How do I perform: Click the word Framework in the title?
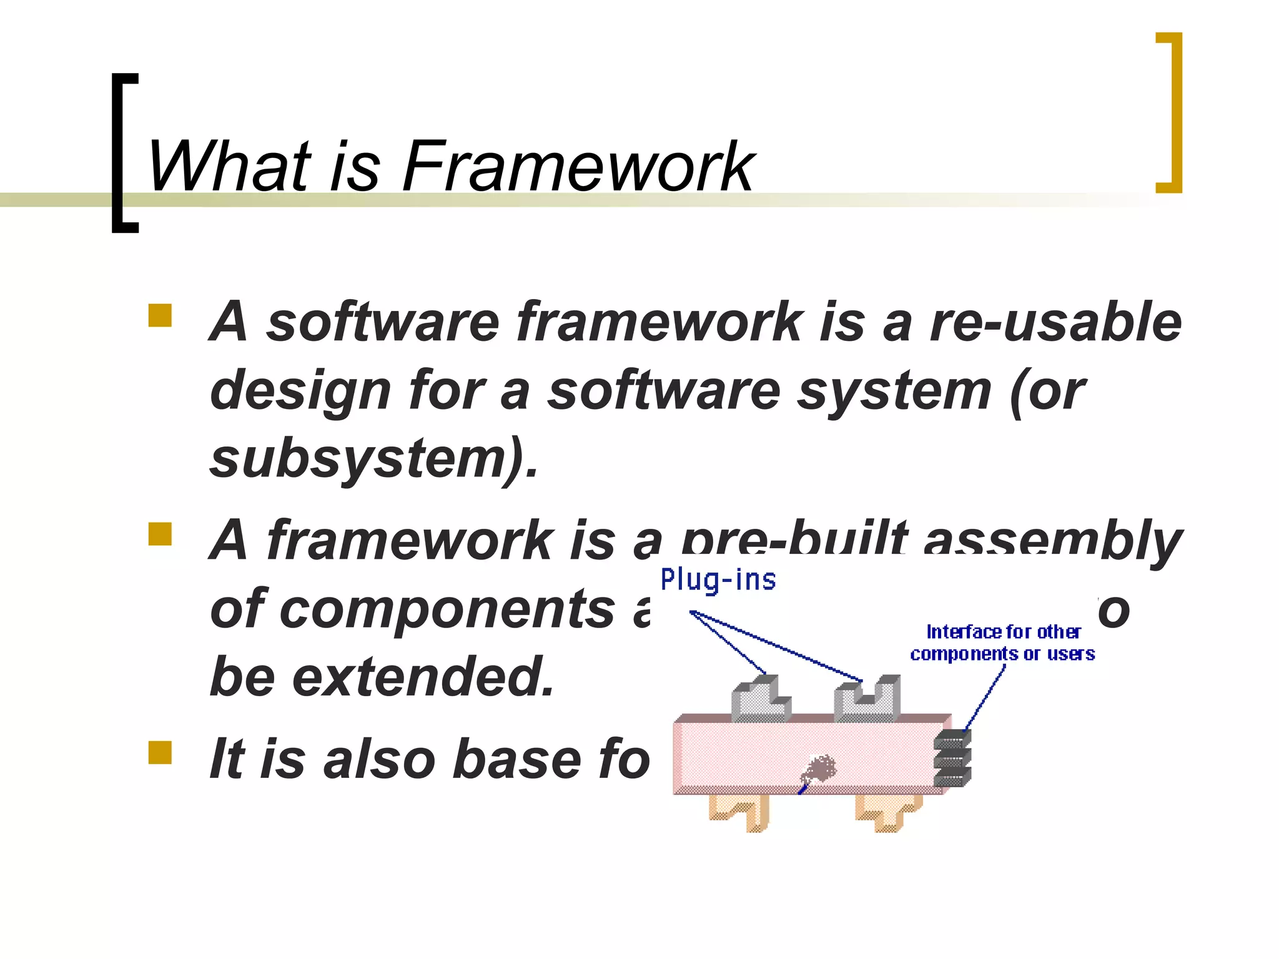point(578,166)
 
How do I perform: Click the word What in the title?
point(229,166)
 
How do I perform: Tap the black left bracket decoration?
point(124,153)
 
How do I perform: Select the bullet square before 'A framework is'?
point(160,534)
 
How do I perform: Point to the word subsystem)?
point(373,459)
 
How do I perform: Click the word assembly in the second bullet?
point(1052,541)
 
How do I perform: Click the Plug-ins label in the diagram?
point(718,580)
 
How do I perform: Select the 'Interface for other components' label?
point(1002,642)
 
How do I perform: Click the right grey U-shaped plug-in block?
point(867,701)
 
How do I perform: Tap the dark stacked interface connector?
point(952,759)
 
